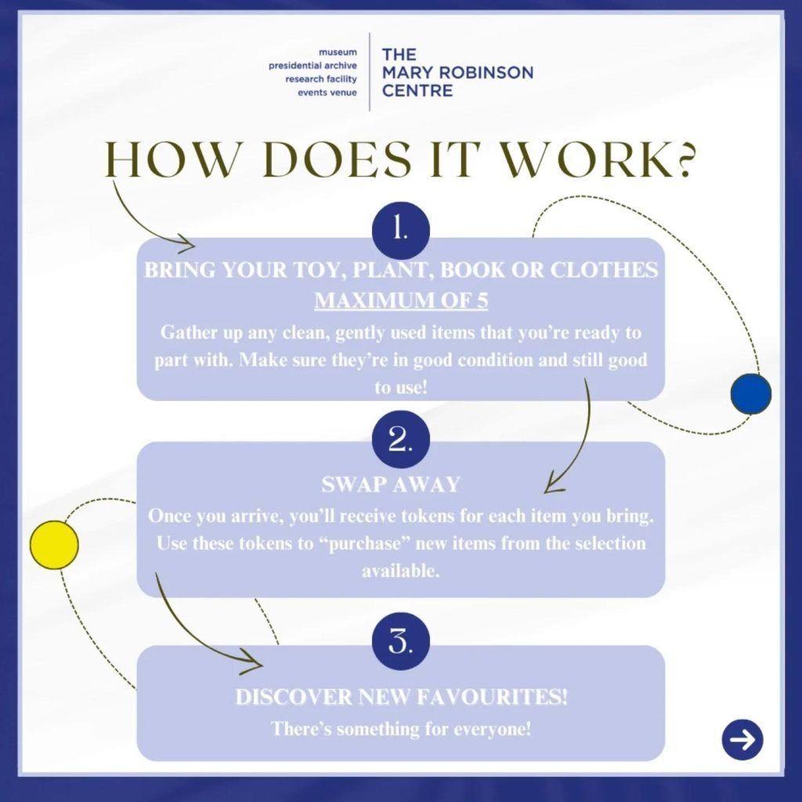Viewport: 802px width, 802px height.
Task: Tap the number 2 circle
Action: [x=400, y=439]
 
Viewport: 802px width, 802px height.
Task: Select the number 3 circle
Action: [x=400, y=641]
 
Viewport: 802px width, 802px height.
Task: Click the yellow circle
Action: [x=54, y=545]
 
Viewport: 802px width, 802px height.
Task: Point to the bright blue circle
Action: [x=751, y=393]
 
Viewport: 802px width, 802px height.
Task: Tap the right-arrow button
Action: [x=742, y=739]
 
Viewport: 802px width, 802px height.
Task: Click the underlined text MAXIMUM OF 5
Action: [x=401, y=300]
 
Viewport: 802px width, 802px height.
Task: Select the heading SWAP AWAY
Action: [x=391, y=484]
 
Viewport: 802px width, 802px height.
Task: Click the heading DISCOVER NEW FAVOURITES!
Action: [x=402, y=697]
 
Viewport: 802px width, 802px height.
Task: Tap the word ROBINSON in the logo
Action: [x=485, y=73]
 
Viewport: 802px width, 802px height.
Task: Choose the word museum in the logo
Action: [x=338, y=52]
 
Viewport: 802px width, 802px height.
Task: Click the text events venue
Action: [x=327, y=92]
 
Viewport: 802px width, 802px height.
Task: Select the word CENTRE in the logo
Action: [x=417, y=91]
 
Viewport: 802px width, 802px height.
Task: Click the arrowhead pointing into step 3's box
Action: [x=253, y=663]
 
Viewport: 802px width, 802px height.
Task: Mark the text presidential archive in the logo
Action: [x=312, y=66]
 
